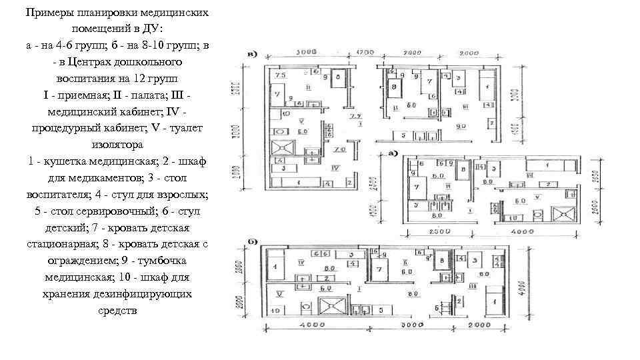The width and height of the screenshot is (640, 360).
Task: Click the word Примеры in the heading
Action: [x=45, y=13]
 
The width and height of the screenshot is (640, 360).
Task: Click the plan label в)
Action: [x=253, y=53]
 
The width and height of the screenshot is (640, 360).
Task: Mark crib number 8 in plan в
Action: [x=394, y=87]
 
